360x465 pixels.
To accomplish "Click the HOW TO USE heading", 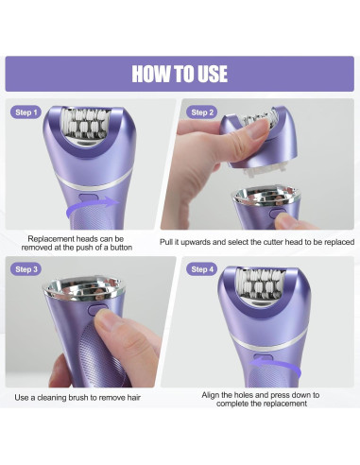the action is pos(180,74).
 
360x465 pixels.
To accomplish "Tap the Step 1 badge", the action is pos(26,112).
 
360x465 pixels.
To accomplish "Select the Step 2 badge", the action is pos(202,112).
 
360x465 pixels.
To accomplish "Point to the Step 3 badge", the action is pos(26,269).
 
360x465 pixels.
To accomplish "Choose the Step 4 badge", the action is pos(202,269).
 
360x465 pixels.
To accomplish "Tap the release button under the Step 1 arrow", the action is pos(87,198).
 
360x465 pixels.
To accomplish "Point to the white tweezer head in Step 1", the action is pos(85,124).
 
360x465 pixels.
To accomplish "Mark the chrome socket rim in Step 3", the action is pos(83,287).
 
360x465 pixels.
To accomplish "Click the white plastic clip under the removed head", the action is pos(264,172).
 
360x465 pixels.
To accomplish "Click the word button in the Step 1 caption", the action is pos(121,248).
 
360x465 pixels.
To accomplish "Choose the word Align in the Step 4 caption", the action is pos(210,395).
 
